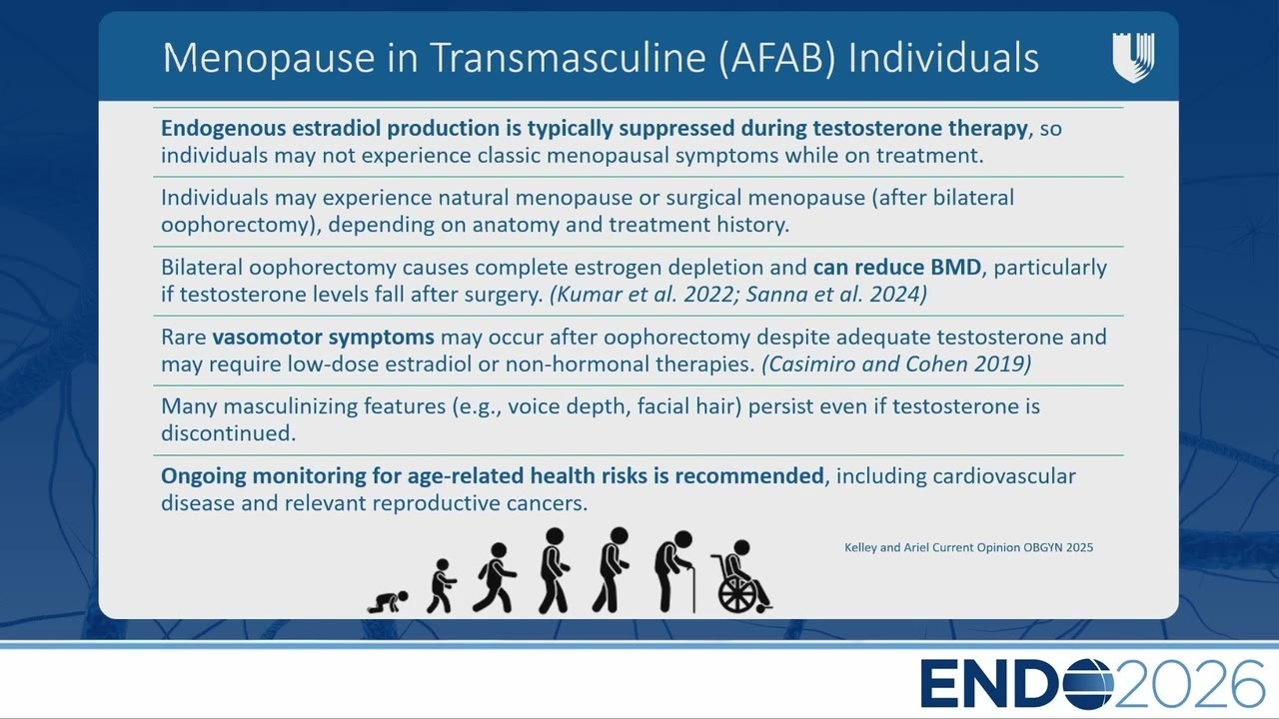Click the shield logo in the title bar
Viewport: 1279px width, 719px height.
pyautogui.click(x=1133, y=58)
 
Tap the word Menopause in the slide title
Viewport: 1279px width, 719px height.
pyautogui.click(x=269, y=58)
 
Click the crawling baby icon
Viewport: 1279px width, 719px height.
pyautogui.click(x=388, y=602)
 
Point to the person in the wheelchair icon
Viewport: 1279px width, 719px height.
pyautogui.click(x=741, y=577)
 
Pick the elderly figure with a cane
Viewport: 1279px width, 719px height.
pyautogui.click(x=675, y=571)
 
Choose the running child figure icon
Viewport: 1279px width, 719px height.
pyautogui.click(x=495, y=578)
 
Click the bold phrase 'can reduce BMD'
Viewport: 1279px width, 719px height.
pyautogui.click(x=897, y=267)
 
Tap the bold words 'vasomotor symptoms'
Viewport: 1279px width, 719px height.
pyautogui.click(x=323, y=338)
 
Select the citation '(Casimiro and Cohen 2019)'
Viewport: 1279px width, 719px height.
pyautogui.click(x=896, y=364)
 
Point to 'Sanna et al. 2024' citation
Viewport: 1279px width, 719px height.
pyautogui.click(x=833, y=295)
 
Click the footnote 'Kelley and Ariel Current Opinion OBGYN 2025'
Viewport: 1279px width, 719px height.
pyautogui.click(x=969, y=547)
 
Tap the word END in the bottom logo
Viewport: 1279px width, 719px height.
pyautogui.click(x=989, y=684)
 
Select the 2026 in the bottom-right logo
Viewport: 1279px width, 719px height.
pyautogui.click(x=1189, y=684)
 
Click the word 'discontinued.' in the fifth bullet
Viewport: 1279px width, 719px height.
pyautogui.click(x=229, y=433)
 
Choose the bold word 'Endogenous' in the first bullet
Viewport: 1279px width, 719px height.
pyautogui.click(x=223, y=129)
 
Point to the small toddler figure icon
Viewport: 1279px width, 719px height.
pyautogui.click(x=442, y=586)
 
